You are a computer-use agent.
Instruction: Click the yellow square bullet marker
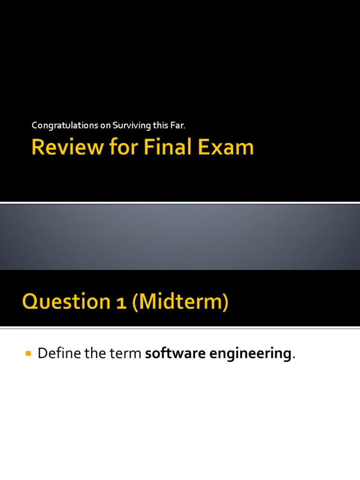pyautogui.click(x=28, y=352)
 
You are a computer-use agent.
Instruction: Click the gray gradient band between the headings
pyautogui.click(x=180, y=237)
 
